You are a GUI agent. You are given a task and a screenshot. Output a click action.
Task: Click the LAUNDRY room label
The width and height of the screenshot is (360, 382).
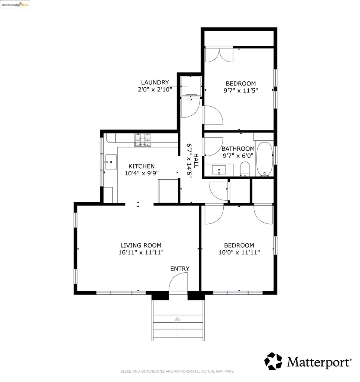(155, 82)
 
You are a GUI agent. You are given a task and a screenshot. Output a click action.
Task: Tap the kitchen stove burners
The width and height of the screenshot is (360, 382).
(144, 140)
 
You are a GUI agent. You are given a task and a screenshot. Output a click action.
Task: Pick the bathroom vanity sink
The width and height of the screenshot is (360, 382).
(218, 170)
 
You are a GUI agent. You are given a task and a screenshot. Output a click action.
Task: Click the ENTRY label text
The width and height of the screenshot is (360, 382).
(180, 269)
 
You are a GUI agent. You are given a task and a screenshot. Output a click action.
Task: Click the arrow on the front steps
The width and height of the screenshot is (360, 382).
(177, 319)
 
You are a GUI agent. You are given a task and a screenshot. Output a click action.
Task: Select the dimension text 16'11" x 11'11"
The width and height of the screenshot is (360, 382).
(141, 253)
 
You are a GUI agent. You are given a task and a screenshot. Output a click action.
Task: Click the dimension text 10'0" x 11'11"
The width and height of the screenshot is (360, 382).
(239, 253)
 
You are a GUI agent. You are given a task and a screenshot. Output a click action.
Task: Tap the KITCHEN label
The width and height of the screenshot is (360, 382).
(141, 166)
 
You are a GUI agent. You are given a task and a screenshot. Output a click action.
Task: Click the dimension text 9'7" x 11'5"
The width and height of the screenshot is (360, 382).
(240, 90)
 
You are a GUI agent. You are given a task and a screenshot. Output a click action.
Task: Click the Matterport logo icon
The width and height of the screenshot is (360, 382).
(273, 361)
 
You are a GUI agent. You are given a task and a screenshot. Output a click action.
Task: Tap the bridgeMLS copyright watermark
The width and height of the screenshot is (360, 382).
(15, 4)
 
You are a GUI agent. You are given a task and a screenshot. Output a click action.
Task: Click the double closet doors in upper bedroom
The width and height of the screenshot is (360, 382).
(219, 54)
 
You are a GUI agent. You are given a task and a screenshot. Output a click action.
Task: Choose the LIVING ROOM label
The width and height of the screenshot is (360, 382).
(141, 245)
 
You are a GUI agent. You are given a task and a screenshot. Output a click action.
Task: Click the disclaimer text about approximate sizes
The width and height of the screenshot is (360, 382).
(177, 371)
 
